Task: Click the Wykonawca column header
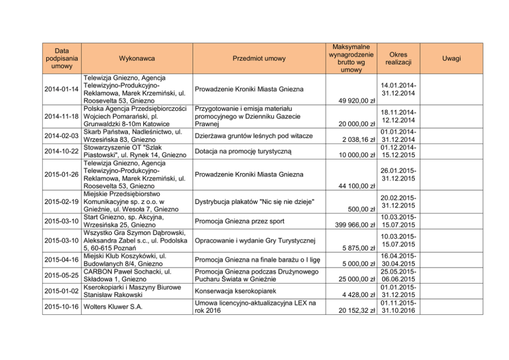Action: tap(136, 58)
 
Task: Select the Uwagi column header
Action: tap(452, 58)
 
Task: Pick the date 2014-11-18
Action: tap(62, 116)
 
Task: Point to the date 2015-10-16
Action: tap(62, 307)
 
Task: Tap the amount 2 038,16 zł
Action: tap(355, 139)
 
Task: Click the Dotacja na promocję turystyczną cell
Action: tap(243, 151)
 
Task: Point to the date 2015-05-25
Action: tap(62, 275)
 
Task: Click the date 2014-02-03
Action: tap(62, 136)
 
